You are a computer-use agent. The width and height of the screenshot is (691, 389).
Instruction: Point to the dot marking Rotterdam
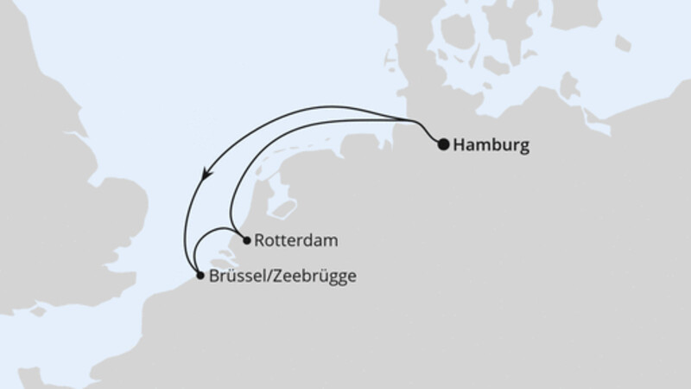(x=246, y=239)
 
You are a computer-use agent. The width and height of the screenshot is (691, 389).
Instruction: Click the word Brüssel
(x=233, y=277)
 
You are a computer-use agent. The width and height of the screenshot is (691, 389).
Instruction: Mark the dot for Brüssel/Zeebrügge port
(x=200, y=276)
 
